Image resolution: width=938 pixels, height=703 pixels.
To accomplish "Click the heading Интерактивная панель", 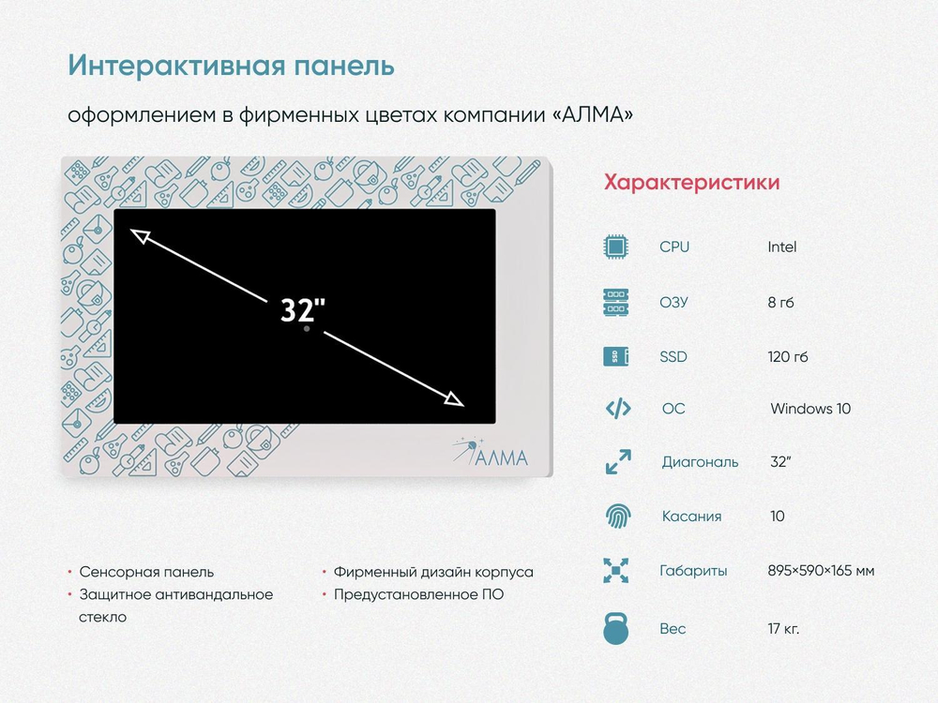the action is pyautogui.click(x=231, y=66).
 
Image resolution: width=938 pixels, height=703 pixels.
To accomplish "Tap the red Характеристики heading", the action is pyautogui.click(x=691, y=182).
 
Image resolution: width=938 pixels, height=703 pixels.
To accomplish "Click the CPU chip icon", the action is pyautogui.click(x=616, y=247).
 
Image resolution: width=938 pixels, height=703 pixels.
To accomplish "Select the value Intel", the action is pyautogui.click(x=782, y=247).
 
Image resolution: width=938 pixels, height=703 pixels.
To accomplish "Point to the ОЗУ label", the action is pyautogui.click(x=673, y=302).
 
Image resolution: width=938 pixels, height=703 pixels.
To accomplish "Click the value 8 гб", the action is pyautogui.click(x=780, y=303).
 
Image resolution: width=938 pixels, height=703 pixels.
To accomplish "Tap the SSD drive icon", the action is pyautogui.click(x=616, y=356).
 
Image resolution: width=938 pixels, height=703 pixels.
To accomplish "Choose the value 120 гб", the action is pyautogui.click(x=788, y=357).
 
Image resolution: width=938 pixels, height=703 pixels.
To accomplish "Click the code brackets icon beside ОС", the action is pyautogui.click(x=618, y=409).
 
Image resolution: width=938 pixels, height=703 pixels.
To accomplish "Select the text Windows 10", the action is pyautogui.click(x=810, y=409).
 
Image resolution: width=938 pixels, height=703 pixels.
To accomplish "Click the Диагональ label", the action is pyautogui.click(x=700, y=462).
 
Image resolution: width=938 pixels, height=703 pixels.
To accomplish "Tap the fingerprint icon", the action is pyautogui.click(x=618, y=516).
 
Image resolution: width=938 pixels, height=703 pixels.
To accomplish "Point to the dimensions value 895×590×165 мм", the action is pyautogui.click(x=822, y=571).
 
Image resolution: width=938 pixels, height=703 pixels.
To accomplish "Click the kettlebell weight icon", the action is pyautogui.click(x=616, y=628).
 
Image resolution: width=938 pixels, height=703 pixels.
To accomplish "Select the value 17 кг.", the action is pyautogui.click(x=783, y=629).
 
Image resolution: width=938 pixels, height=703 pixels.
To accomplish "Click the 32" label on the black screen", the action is pyautogui.click(x=303, y=309).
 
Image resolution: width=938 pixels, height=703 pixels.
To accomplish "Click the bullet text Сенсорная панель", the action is pyautogui.click(x=146, y=572).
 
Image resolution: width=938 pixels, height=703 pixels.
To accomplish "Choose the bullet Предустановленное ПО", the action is pyautogui.click(x=418, y=595).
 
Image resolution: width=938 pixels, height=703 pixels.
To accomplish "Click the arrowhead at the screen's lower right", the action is pyautogui.click(x=455, y=398).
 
